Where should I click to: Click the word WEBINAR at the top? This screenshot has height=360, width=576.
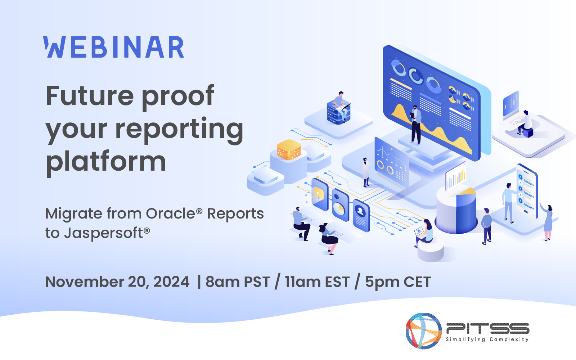pyautogui.click(x=114, y=47)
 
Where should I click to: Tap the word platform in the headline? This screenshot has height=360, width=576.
pyautogui.click(x=106, y=161)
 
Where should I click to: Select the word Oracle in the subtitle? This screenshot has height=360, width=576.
pyautogui.click(x=170, y=213)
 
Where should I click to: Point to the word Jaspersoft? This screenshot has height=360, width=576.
pyautogui.click(x=103, y=233)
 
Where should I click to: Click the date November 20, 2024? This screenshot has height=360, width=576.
pyautogui.click(x=117, y=282)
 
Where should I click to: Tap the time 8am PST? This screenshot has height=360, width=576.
pyautogui.click(x=238, y=282)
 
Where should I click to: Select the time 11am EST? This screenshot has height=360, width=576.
pyautogui.click(x=317, y=282)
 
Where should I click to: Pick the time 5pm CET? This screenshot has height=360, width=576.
pyautogui.click(x=398, y=282)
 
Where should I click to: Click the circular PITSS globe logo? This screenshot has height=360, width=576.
pyautogui.click(x=424, y=330)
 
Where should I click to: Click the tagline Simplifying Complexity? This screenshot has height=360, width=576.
pyautogui.click(x=487, y=339)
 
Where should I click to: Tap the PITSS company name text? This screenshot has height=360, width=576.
pyautogui.click(x=487, y=328)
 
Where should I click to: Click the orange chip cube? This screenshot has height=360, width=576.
pyautogui.click(x=289, y=149)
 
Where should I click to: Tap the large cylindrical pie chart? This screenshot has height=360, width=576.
pyautogui.click(x=456, y=212)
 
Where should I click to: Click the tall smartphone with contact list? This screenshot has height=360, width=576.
pyautogui.click(x=526, y=191)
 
